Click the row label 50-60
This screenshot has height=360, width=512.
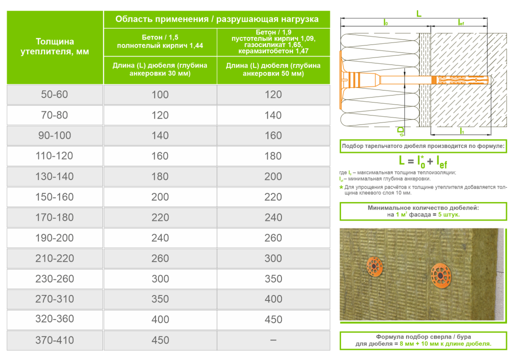click(x=55, y=94)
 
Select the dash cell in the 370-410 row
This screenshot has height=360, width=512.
click(x=273, y=340)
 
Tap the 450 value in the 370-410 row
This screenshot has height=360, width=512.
click(x=160, y=340)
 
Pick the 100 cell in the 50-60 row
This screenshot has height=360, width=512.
click(x=160, y=94)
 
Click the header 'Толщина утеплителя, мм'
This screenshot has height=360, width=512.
click(x=55, y=46)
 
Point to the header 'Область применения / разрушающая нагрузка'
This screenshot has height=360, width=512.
click(x=217, y=19)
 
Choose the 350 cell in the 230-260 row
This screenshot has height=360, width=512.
click(x=273, y=278)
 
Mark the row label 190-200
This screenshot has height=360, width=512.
click(x=55, y=238)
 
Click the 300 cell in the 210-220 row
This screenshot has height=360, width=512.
click(x=273, y=258)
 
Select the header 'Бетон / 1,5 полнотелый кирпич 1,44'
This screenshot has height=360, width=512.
click(x=160, y=41)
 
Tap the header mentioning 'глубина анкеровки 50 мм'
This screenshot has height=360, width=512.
click(x=273, y=69)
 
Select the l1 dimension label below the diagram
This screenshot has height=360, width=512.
click(x=462, y=131)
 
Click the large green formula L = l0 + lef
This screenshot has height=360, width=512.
click(x=423, y=160)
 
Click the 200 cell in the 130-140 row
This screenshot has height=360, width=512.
click(x=273, y=176)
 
